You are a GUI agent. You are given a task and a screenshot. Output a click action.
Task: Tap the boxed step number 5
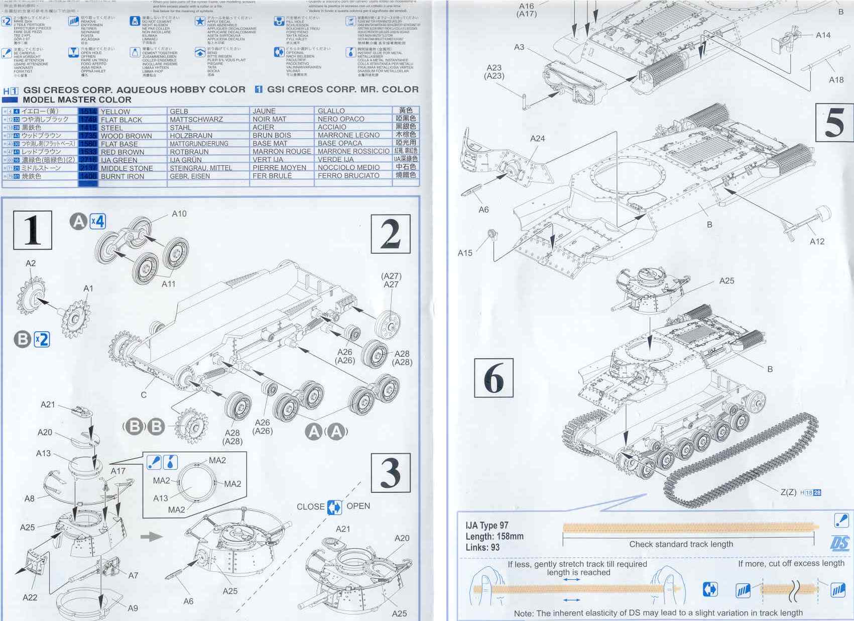point(834,122)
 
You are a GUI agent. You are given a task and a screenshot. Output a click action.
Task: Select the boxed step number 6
point(494,377)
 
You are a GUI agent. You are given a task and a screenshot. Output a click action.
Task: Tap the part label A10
point(179,214)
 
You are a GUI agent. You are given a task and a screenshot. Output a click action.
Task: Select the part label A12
point(817,241)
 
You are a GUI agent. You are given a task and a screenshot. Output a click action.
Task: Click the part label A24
point(537,138)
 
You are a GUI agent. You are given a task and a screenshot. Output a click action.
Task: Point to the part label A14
point(823,35)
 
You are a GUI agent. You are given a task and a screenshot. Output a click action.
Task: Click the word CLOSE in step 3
point(310,506)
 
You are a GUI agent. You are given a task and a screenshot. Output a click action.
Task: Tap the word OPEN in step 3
point(358,506)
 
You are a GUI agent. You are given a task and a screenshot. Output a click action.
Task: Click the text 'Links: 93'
point(482,547)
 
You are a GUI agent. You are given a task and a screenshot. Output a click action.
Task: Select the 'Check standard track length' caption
point(681,544)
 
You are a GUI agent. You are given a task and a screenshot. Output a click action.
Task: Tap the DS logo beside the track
point(839,543)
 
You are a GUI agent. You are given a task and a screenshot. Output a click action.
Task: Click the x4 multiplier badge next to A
point(97,221)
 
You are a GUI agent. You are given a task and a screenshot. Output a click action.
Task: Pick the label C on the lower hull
point(144,395)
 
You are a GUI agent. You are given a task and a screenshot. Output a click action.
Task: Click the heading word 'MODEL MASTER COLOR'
point(77,99)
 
